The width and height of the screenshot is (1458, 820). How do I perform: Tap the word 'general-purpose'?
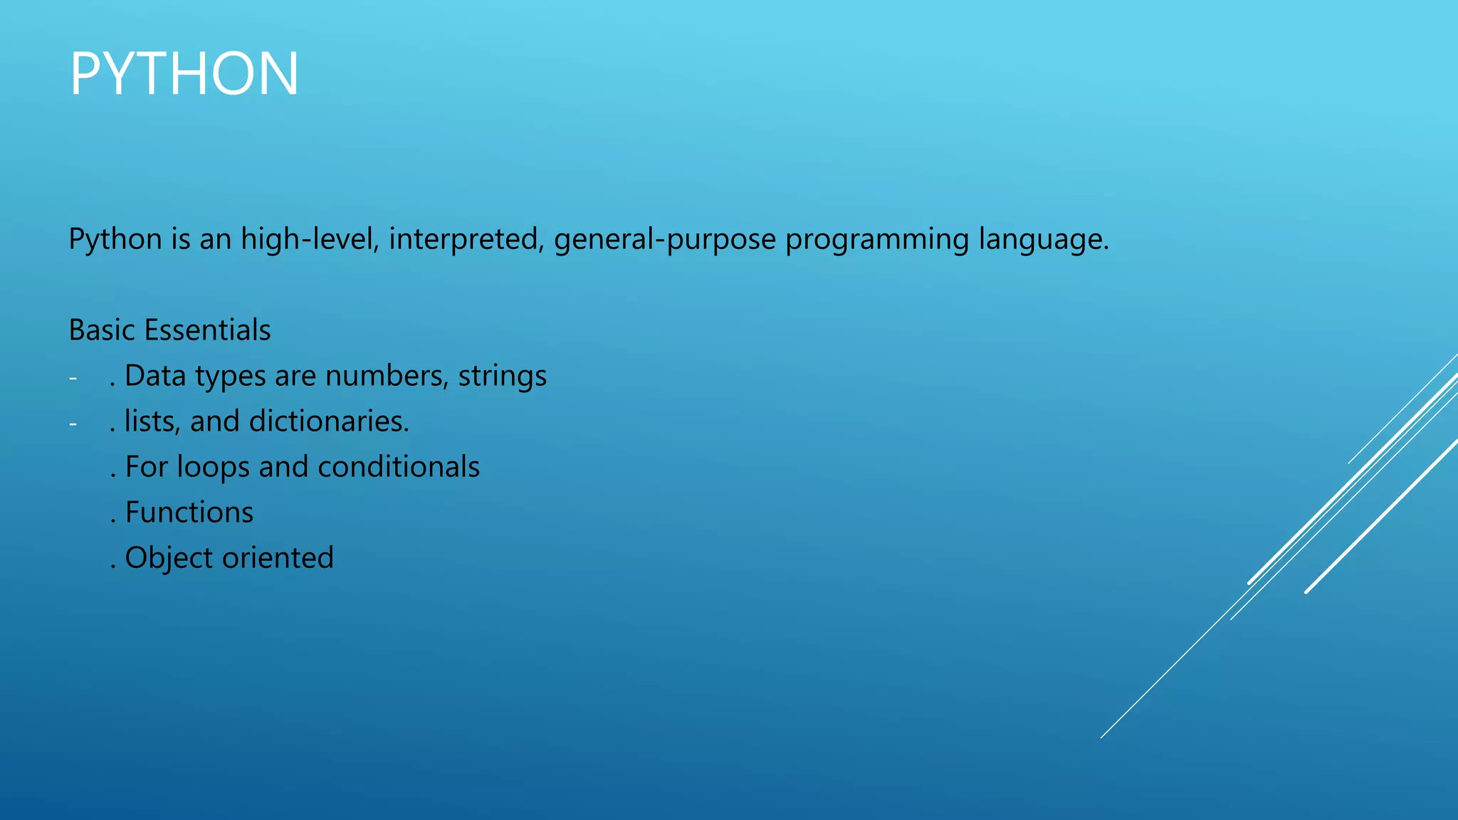click(665, 239)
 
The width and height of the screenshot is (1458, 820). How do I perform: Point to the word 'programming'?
click(877, 239)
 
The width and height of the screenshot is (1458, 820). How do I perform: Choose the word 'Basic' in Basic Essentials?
click(102, 330)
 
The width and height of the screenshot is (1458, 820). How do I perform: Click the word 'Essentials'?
click(207, 330)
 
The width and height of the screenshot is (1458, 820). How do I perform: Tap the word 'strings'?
click(503, 376)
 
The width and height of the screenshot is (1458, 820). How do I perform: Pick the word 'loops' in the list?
click(214, 467)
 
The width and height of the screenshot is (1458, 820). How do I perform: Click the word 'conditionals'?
click(399, 467)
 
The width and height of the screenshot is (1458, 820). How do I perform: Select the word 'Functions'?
click(189, 512)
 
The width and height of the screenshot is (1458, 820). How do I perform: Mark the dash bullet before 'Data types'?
click(73, 378)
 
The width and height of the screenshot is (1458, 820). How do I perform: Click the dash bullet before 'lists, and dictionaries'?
click(73, 424)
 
